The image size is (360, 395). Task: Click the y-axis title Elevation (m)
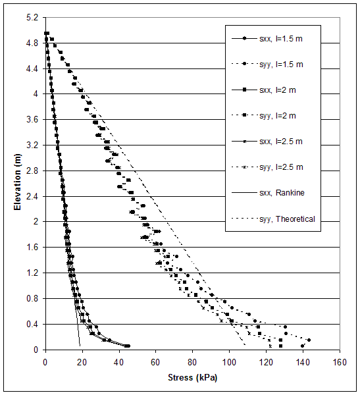[x=17, y=177]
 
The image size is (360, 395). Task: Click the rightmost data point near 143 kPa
[x=309, y=340]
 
